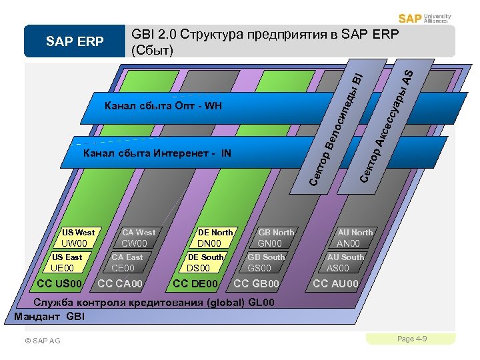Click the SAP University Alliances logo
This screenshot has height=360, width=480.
pos(425,18)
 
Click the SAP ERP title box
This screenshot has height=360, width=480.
pos(75,42)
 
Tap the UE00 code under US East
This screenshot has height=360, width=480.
pos(67,269)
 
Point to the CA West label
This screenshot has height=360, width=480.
pos(139,233)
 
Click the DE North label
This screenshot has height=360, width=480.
pos(215,233)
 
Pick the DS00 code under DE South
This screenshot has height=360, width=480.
pos(198,269)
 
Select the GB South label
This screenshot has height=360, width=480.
pos(266,257)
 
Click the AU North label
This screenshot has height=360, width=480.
pos(355,233)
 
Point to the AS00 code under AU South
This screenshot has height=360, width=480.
pos(337,269)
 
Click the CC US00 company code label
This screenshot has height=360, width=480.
pos(60,285)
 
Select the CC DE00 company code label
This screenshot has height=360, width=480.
pos(195,285)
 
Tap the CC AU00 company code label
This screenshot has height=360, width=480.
pos(336,285)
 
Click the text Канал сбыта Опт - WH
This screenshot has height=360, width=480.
pos(163,106)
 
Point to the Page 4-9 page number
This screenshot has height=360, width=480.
pos(412,339)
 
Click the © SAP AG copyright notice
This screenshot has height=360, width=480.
pos(42,341)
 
